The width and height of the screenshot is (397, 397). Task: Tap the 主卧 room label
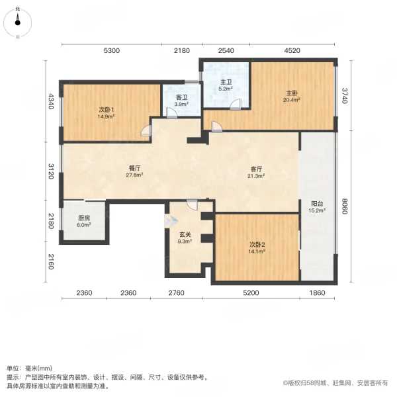292,93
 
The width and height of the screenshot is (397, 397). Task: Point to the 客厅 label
256,169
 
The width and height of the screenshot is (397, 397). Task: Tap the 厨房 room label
83,218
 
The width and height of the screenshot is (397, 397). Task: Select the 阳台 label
317,204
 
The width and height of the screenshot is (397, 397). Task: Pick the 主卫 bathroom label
225,82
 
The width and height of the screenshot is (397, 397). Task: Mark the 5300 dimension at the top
111,51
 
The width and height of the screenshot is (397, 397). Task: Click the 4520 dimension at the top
292,51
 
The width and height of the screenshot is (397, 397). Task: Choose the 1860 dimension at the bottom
318,293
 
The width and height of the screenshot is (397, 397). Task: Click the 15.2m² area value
317,211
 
